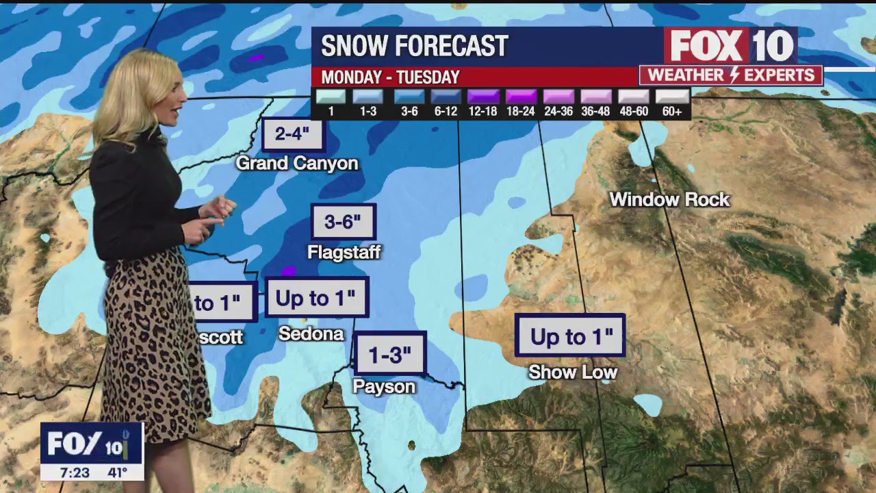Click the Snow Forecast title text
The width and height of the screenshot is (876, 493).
click(414, 46)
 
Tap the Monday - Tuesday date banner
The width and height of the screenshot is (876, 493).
click(390, 77)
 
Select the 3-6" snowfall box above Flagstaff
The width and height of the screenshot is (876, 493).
click(343, 222)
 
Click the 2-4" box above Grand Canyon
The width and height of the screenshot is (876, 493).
click(292, 134)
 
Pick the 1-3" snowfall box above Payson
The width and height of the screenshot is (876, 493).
click(390, 354)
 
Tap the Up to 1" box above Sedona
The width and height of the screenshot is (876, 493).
click(316, 298)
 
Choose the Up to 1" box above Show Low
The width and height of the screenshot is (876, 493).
click(570, 336)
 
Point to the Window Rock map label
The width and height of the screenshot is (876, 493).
click(669, 199)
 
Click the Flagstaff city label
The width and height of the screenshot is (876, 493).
click(344, 252)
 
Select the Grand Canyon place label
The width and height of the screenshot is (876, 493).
click(297, 163)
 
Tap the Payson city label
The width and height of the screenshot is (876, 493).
click(384, 387)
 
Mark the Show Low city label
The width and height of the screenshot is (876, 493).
click(573, 372)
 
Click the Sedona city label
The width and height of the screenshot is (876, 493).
click(311, 333)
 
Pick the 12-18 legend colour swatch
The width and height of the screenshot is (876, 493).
click(482, 97)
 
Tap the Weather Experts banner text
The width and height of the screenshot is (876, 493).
click(731, 75)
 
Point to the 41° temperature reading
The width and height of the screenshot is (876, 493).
click(117, 472)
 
